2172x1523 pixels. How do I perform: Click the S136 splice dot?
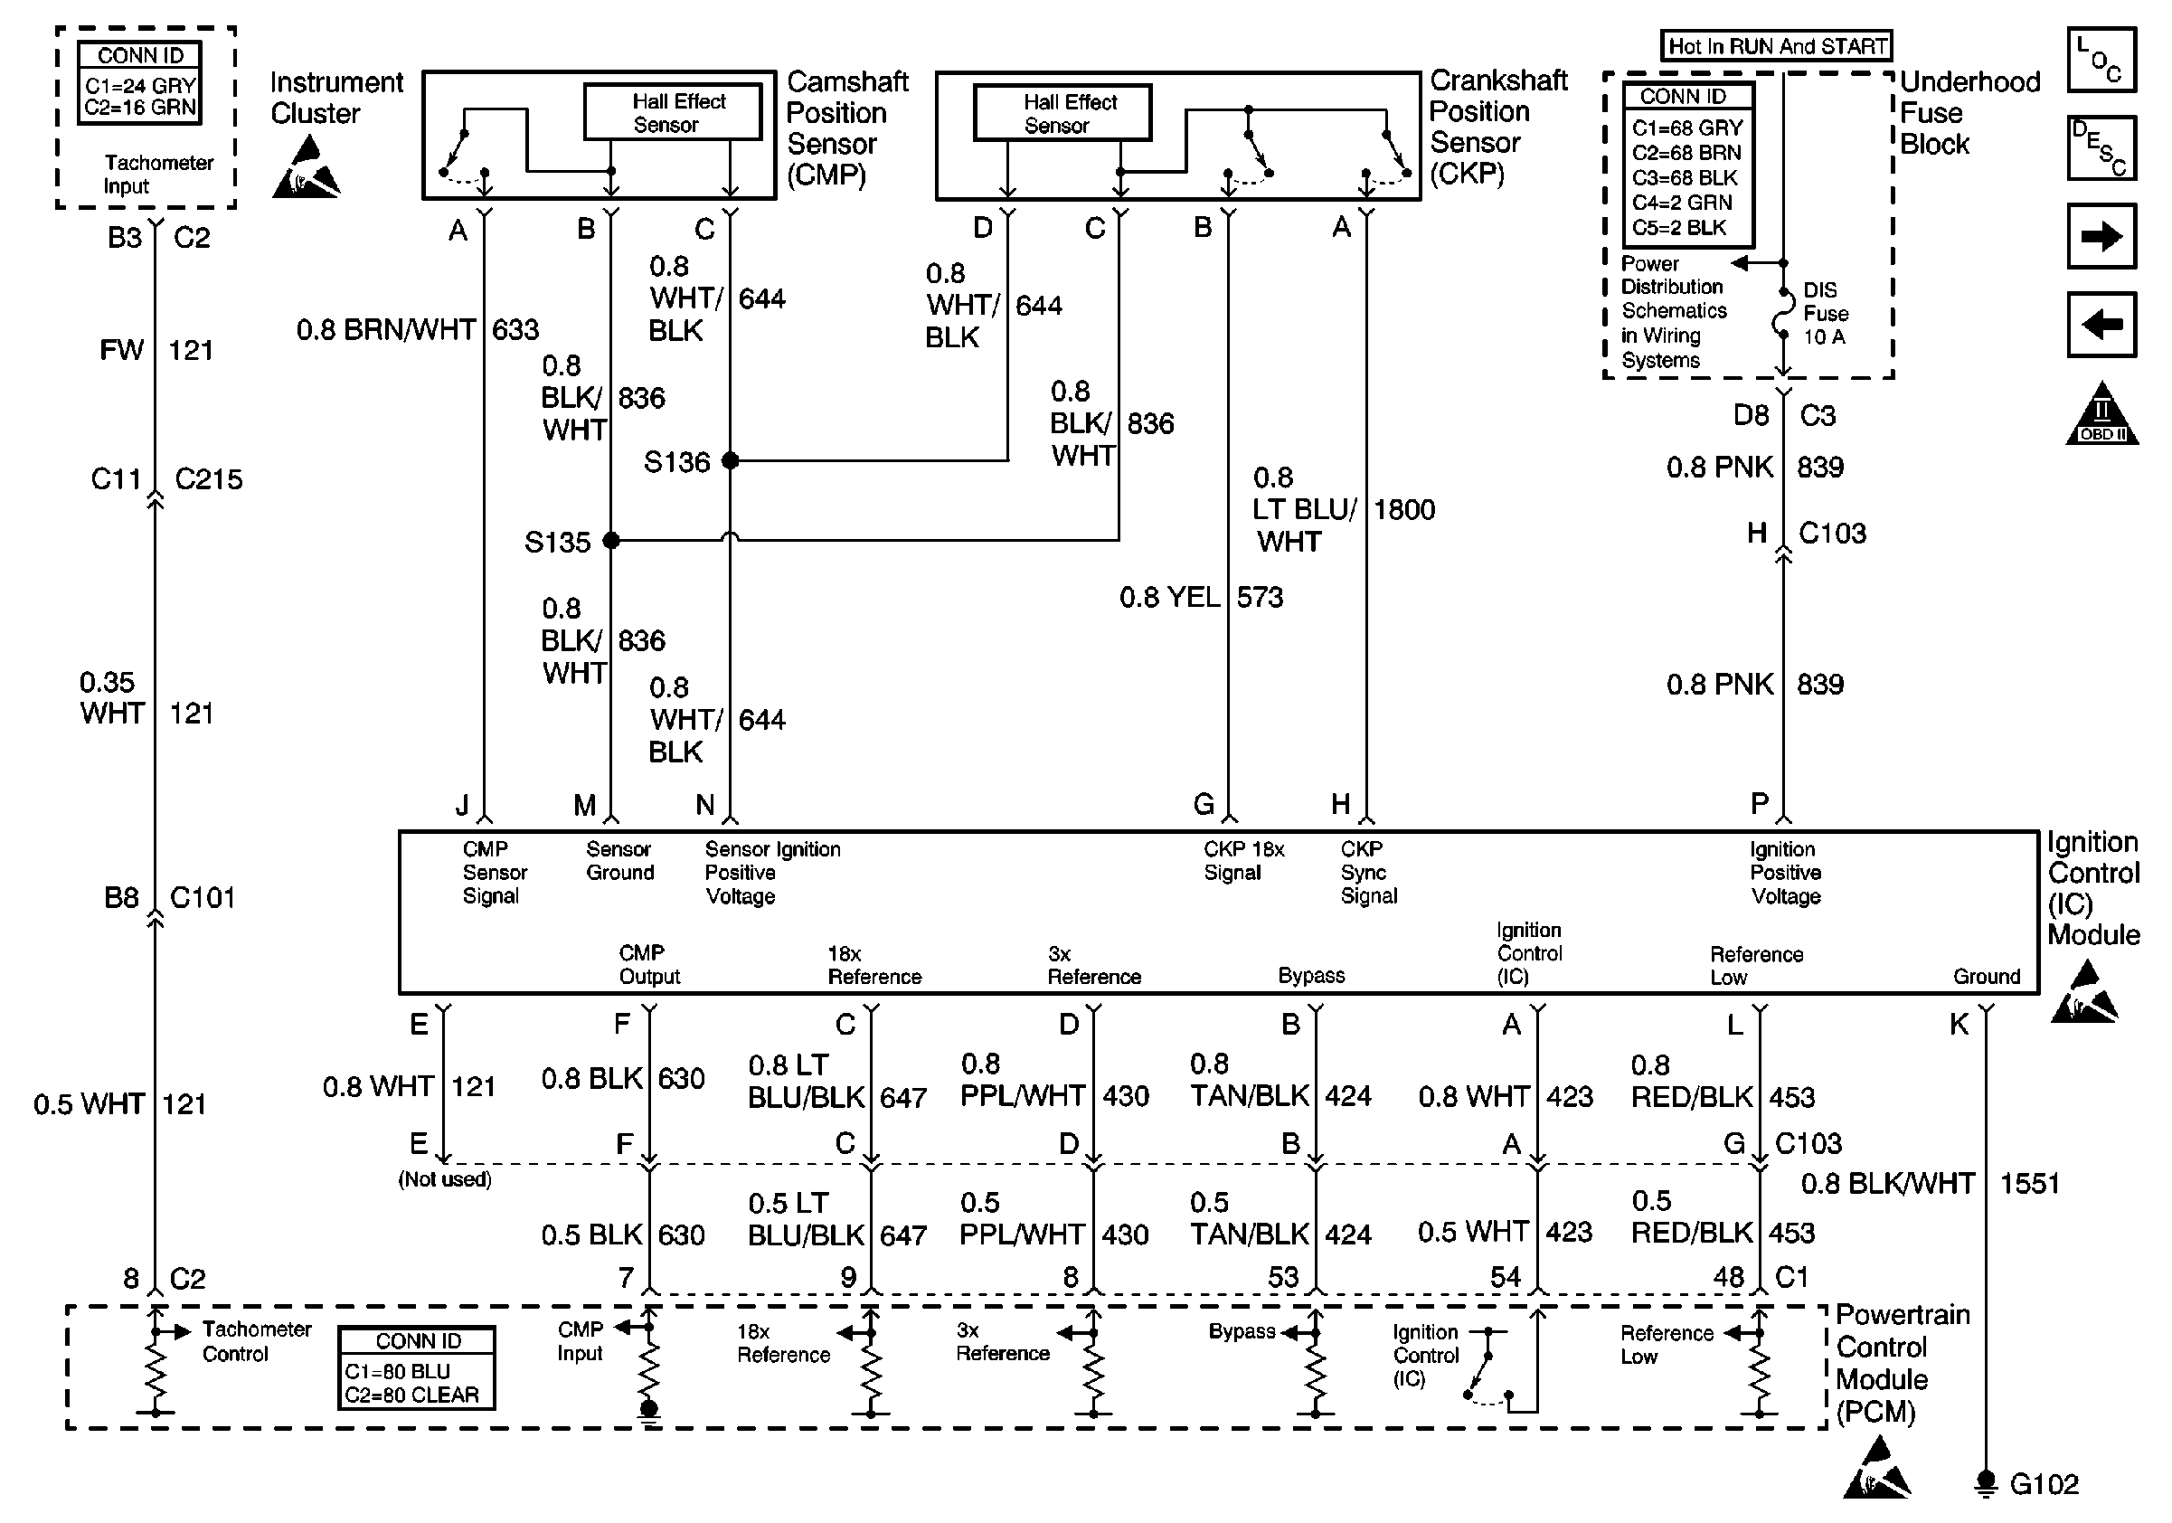tap(730, 460)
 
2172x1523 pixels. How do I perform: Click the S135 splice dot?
tap(611, 540)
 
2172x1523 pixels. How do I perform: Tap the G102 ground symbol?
tap(1986, 1483)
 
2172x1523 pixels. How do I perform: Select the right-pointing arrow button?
tap(2101, 236)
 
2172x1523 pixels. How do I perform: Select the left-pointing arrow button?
tap(2101, 325)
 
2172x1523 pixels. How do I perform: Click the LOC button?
tap(2101, 60)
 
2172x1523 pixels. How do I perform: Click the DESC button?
tap(2101, 147)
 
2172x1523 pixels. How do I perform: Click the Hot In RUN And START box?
tap(1777, 46)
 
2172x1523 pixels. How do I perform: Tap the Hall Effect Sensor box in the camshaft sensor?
tap(673, 112)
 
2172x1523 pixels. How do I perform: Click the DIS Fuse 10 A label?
tap(1825, 313)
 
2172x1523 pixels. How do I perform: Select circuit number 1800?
tap(1404, 510)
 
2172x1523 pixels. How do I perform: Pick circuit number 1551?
tap(2029, 1183)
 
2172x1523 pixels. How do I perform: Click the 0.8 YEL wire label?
tap(1169, 597)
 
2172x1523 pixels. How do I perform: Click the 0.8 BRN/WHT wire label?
tap(386, 329)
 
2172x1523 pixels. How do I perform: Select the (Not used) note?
tap(445, 1179)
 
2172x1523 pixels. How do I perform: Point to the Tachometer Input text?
tap(158, 174)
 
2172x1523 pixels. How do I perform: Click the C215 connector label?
tap(208, 478)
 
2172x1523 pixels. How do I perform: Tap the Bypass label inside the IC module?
tap(1311, 975)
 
